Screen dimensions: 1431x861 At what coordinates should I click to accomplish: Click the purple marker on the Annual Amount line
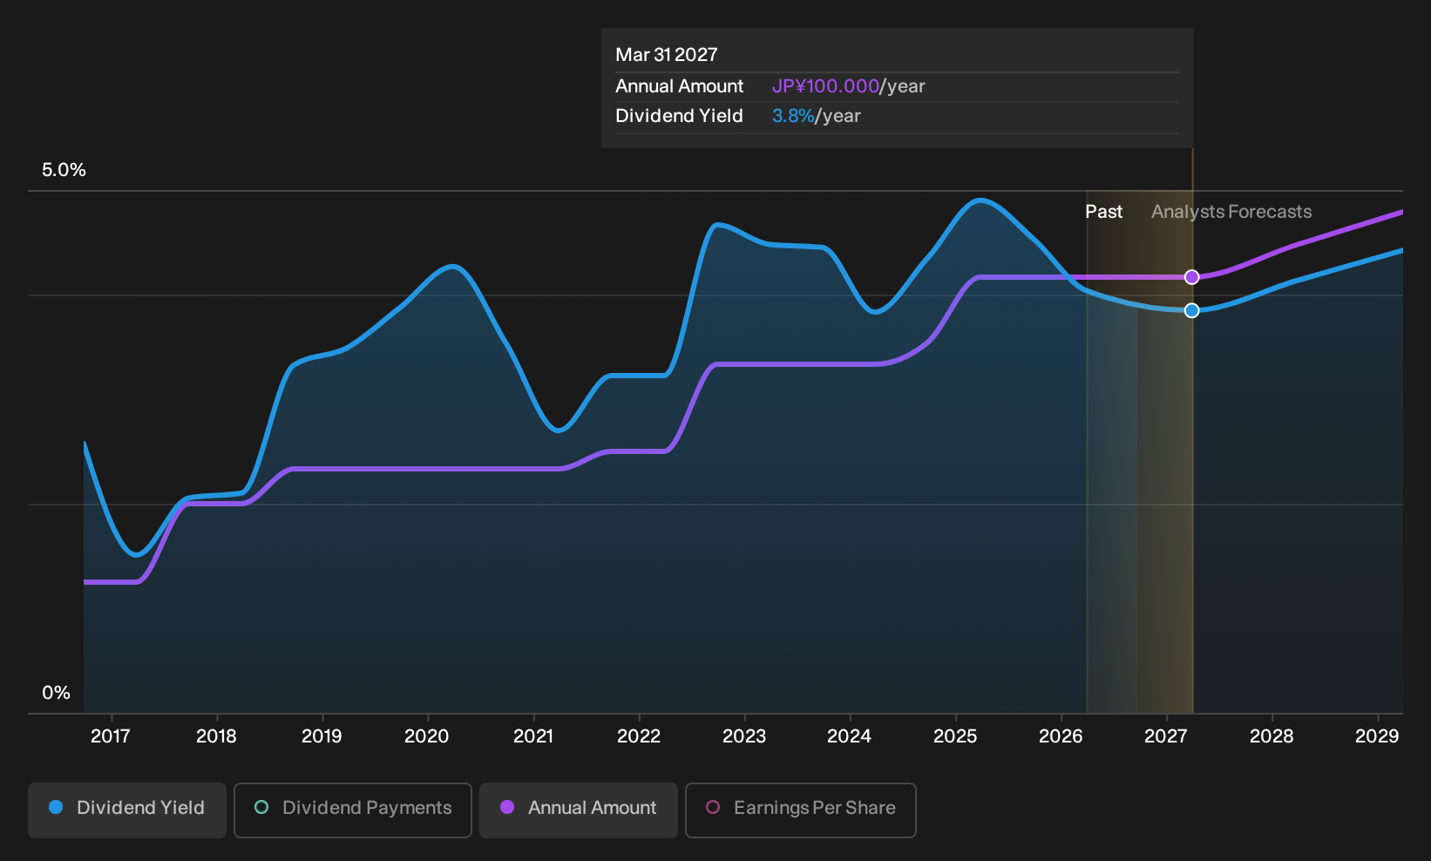point(1191,277)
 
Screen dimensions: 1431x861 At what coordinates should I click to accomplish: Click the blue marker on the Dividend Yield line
point(1191,310)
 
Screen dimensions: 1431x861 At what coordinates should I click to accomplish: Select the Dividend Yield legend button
point(127,810)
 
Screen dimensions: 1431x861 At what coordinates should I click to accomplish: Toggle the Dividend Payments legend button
point(353,810)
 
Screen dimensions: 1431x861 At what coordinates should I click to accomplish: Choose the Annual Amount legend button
point(578,810)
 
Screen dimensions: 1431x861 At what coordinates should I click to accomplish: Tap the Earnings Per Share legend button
point(800,810)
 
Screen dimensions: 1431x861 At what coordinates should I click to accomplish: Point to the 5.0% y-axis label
point(64,170)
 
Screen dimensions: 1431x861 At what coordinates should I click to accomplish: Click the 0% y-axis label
point(57,693)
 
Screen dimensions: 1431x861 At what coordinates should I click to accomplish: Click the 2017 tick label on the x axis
point(111,736)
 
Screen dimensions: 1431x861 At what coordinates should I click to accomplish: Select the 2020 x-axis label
point(427,736)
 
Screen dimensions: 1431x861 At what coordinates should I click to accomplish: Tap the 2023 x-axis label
point(744,736)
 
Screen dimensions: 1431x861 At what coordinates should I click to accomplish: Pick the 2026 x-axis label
point(1061,736)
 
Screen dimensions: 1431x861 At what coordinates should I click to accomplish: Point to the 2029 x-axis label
point(1377,736)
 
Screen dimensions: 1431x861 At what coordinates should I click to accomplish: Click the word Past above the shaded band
point(1104,212)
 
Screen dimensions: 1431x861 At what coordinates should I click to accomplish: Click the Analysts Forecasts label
point(1231,212)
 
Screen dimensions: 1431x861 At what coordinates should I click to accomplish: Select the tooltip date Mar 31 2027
point(667,55)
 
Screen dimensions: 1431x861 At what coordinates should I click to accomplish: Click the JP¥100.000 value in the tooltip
point(825,86)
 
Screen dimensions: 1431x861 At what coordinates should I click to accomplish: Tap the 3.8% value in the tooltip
point(793,116)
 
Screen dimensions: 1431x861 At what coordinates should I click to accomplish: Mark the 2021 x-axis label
point(533,736)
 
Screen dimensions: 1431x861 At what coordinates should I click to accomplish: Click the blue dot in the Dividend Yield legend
point(57,807)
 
